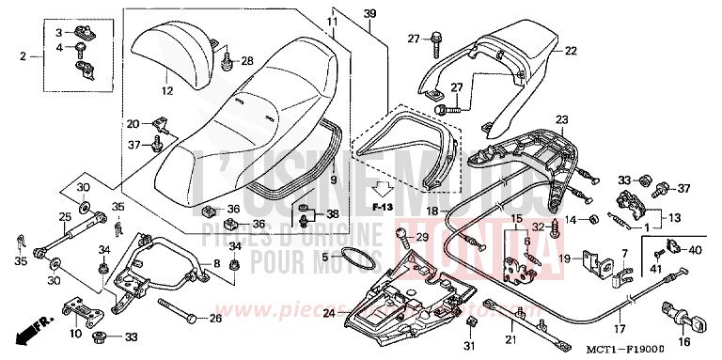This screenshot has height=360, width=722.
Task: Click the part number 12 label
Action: coord(165,91)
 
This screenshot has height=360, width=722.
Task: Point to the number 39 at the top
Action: coord(369,11)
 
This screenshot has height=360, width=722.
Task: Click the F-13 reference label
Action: coord(381,206)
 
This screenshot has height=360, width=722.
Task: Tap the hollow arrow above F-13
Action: coord(381,185)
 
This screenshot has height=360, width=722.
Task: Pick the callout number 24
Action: coord(327,313)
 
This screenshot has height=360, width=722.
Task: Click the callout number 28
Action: coord(247,60)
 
